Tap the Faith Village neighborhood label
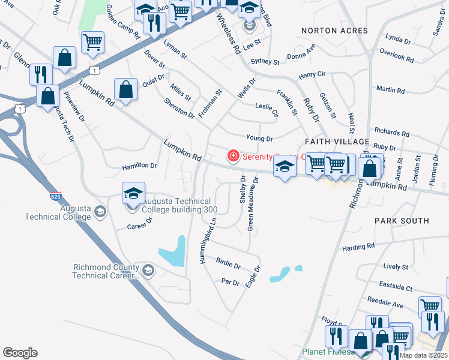337,141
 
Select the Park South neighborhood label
402,221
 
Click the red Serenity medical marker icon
233,157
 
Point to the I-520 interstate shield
55,196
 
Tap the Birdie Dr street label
228,265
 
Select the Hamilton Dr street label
139,166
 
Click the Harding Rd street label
358,246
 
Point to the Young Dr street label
259,138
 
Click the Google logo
20,353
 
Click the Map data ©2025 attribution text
423,355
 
